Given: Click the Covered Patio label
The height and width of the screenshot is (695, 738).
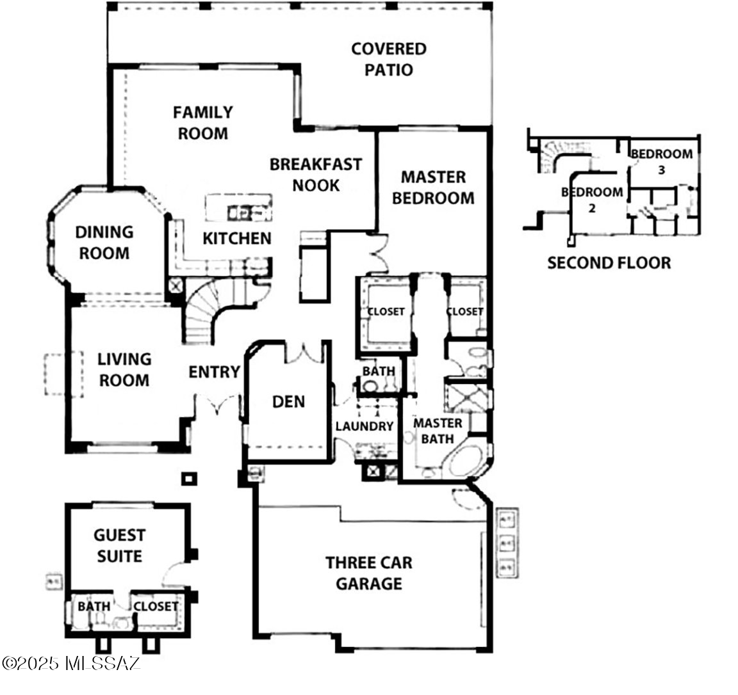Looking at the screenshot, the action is click(x=389, y=60).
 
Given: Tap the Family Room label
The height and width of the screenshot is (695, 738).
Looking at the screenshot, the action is click(x=203, y=123).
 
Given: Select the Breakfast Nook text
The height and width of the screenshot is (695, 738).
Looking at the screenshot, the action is click(x=316, y=175).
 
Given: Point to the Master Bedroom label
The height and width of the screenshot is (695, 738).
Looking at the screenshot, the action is click(x=433, y=188).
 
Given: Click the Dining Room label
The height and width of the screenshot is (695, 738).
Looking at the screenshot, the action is click(x=104, y=243).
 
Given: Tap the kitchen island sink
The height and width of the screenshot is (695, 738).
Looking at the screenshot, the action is click(x=242, y=213).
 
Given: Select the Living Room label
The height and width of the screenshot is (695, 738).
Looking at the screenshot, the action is click(x=124, y=370).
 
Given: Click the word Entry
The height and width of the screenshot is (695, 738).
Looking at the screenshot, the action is click(x=215, y=372).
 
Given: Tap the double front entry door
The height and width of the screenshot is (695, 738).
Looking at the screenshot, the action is click(x=218, y=404).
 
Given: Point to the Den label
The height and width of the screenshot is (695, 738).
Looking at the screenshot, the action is click(x=288, y=401).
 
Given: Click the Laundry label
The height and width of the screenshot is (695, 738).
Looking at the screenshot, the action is click(x=365, y=426).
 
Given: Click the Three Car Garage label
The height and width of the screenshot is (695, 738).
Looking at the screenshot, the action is click(x=369, y=573).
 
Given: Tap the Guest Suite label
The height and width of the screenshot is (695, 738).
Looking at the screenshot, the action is click(x=119, y=546).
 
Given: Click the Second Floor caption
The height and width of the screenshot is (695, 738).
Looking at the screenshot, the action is click(x=609, y=263).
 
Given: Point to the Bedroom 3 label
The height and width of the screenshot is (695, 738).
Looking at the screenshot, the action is click(x=661, y=161).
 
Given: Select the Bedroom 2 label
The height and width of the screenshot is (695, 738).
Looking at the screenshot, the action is click(x=592, y=200).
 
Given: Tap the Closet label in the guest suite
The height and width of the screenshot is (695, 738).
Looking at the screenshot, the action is click(x=156, y=607).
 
